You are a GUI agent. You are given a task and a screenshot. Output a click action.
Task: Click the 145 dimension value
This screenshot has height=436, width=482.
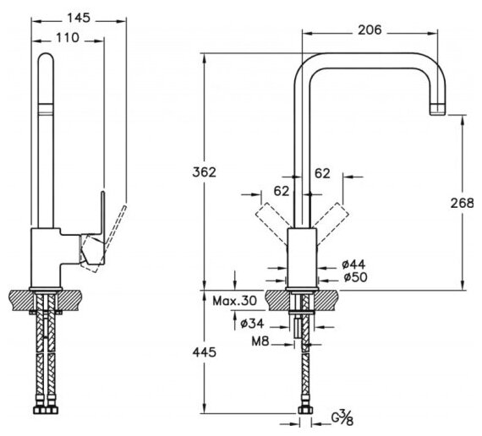pyautogui.click(x=79, y=18)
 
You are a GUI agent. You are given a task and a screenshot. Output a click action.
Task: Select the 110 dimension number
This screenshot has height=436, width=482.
pyautogui.click(x=68, y=38)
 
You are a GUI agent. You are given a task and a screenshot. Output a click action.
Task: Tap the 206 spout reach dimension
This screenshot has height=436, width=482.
pyautogui.click(x=370, y=30)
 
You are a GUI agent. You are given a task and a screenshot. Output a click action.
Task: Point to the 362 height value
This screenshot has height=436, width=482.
pyautogui.click(x=205, y=172)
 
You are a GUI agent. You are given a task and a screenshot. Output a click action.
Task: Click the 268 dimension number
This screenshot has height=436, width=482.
pyautogui.click(x=463, y=203)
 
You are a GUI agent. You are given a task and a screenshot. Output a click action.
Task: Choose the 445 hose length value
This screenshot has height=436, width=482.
pyautogui.click(x=205, y=352)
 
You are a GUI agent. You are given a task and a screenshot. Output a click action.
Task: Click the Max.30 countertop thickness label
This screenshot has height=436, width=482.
pyautogui.click(x=234, y=301)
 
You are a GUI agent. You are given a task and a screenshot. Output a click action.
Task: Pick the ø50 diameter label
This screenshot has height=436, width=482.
pyautogui.click(x=355, y=277)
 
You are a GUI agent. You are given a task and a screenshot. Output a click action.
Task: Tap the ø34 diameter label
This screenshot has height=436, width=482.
pyautogui.click(x=252, y=324)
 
